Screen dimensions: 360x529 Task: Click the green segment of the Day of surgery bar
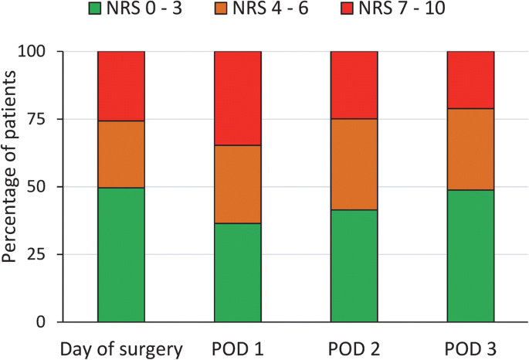click(121, 255)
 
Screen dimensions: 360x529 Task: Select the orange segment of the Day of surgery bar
click(121, 155)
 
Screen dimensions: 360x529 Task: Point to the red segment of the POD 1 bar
click(238, 98)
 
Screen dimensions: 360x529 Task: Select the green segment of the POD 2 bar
click(354, 266)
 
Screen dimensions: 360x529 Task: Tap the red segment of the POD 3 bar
click(471, 80)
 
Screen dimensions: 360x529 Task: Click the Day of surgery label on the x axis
click(121, 348)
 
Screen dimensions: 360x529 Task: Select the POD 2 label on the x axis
click(354, 348)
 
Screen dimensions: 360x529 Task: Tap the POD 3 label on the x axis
click(471, 348)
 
